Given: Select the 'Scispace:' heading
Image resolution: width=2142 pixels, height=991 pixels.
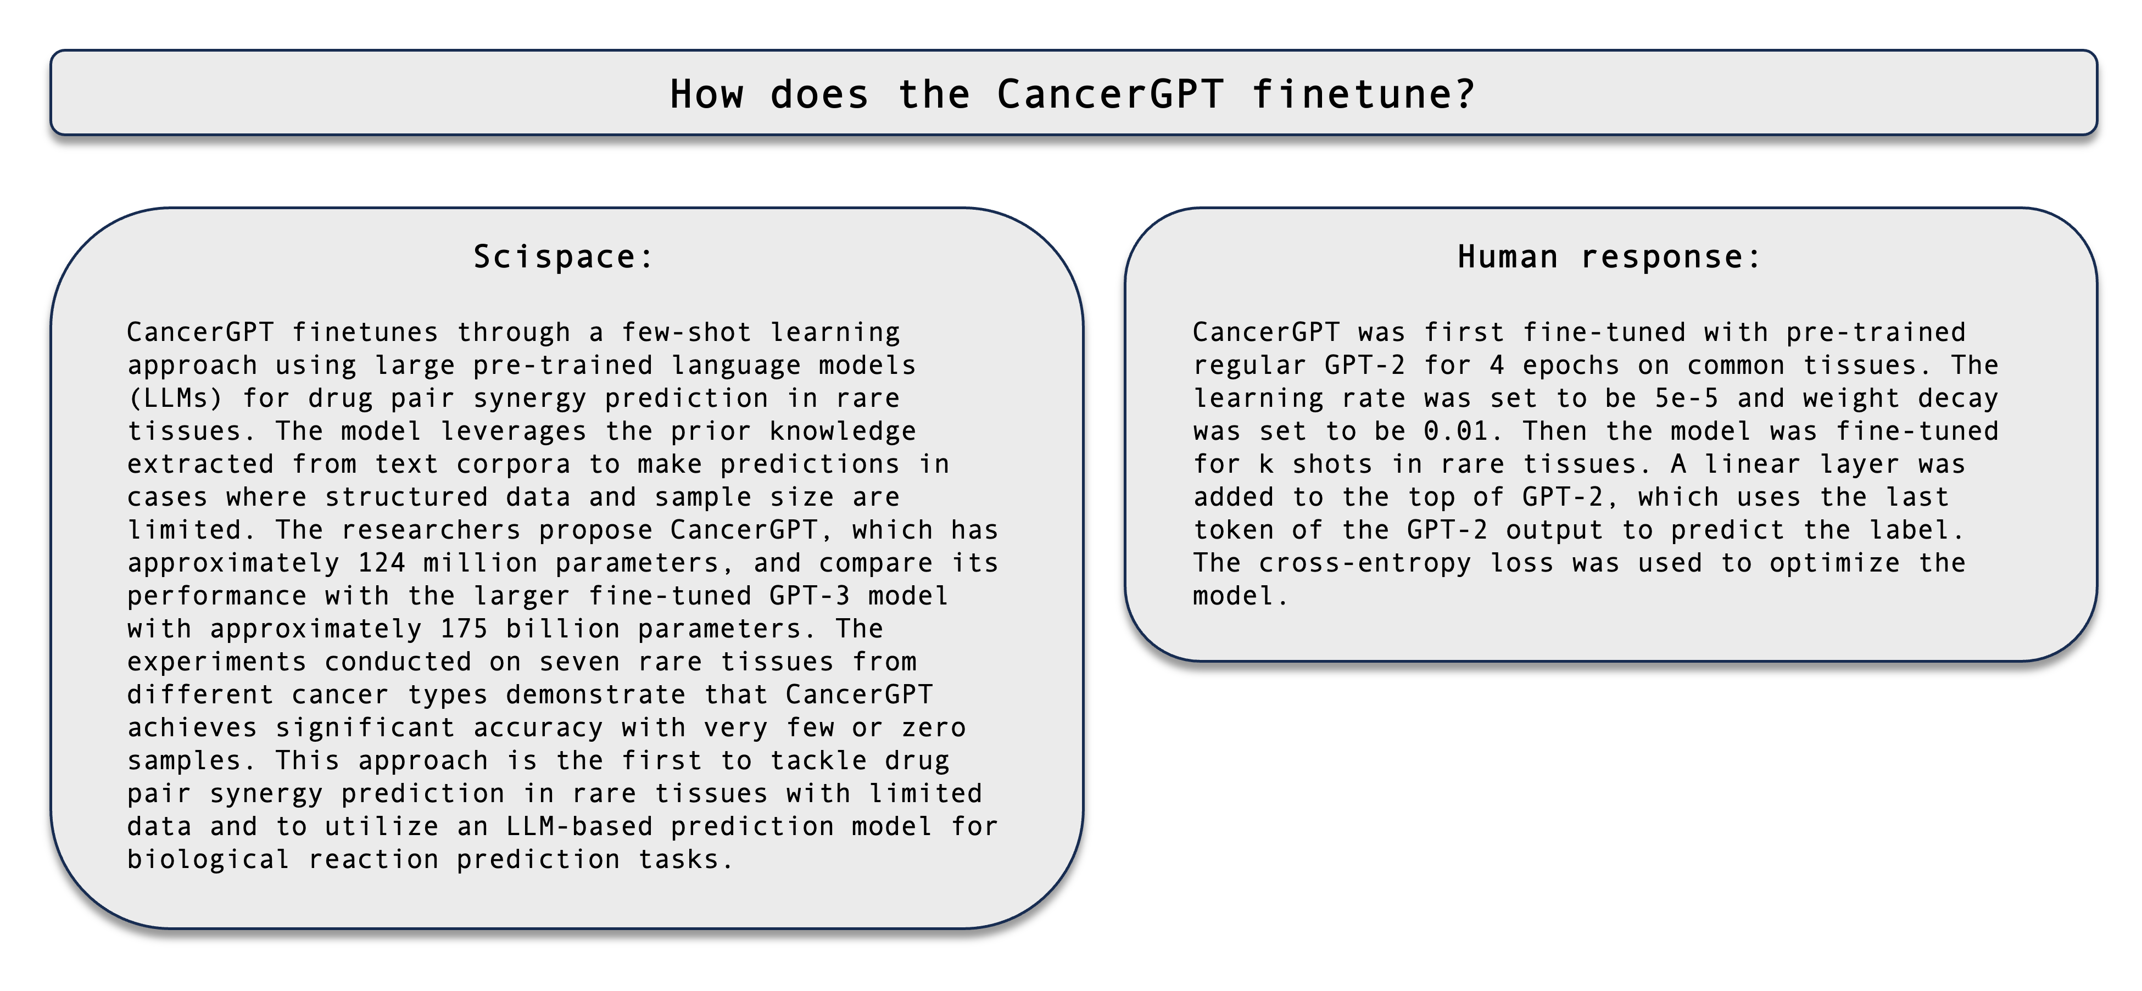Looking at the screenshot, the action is click(x=563, y=257).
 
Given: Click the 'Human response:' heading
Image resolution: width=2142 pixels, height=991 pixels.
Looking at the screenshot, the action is click(x=1609, y=257).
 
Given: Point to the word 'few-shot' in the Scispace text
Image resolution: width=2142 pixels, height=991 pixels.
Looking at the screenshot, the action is click(x=687, y=333).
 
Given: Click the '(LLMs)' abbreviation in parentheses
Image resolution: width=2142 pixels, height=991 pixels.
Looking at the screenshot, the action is click(x=175, y=398).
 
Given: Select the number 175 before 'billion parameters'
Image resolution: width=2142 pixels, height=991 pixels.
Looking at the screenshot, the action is click(x=464, y=629).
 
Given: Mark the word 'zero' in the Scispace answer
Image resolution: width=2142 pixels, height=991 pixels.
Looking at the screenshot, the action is click(x=934, y=727).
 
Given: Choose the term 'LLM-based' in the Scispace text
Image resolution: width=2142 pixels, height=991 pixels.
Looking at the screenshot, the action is click(x=579, y=826).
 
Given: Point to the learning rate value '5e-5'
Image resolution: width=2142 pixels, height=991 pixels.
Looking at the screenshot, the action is click(x=1686, y=398).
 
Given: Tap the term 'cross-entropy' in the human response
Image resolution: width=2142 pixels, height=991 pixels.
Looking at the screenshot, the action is click(x=1365, y=563).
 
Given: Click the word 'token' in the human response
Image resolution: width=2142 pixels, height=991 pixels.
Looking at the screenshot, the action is click(x=1234, y=530).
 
